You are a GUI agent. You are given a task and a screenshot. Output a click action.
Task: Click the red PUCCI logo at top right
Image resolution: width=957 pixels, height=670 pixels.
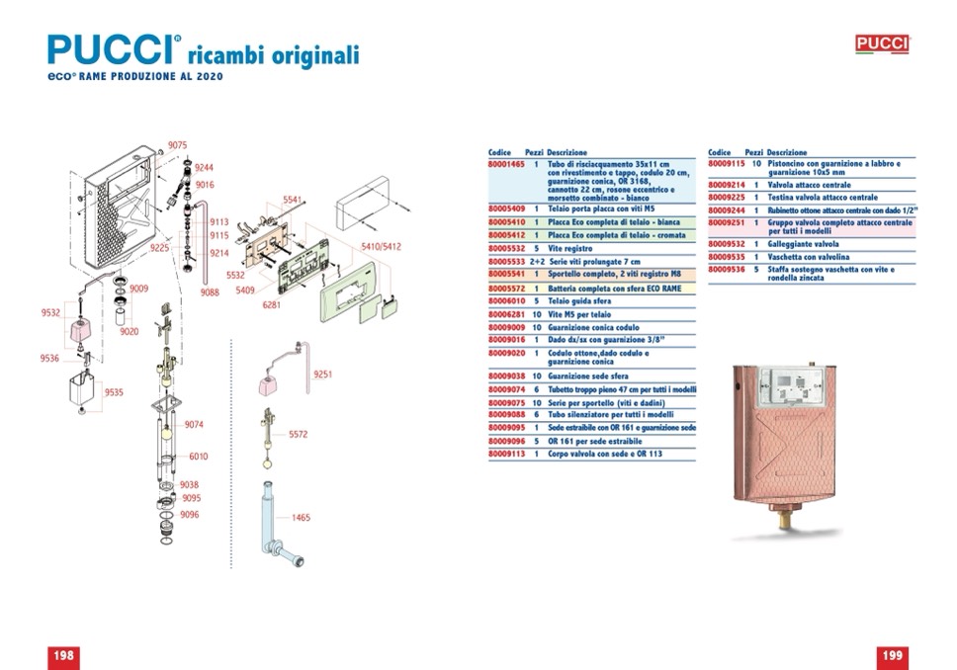[x=882, y=44]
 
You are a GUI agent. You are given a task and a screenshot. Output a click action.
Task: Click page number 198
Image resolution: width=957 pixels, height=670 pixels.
[x=63, y=655]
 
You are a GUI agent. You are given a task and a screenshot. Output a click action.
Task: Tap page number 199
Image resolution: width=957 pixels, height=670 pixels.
[x=892, y=655]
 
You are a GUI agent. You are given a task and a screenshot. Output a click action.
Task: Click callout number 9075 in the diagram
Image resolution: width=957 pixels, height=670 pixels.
[x=177, y=145]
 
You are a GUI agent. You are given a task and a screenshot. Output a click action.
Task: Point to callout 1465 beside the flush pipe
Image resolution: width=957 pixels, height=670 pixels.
[x=301, y=517]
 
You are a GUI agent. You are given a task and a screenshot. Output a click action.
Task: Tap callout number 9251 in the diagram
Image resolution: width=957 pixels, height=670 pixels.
[x=323, y=375]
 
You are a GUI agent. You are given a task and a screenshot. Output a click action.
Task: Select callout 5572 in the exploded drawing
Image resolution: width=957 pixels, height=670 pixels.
[x=299, y=434]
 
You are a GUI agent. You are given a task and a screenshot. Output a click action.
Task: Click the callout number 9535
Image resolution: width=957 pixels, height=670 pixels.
[x=115, y=392]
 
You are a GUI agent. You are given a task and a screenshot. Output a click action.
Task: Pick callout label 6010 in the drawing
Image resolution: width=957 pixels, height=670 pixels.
[x=199, y=457]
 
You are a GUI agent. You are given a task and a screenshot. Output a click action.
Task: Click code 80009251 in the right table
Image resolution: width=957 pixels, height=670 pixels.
[x=725, y=223]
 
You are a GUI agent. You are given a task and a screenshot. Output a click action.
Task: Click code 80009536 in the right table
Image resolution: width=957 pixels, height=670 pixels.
[x=725, y=269]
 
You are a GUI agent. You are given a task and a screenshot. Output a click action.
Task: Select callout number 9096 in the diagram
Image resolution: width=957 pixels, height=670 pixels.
[x=191, y=515]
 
